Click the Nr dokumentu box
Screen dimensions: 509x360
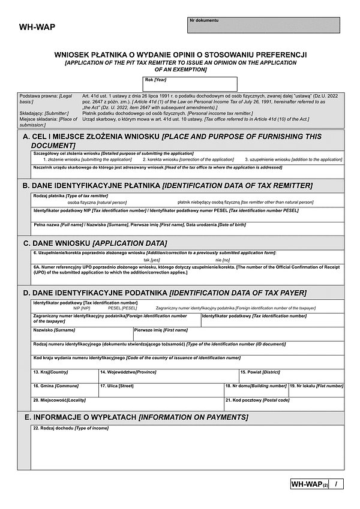[263, 25]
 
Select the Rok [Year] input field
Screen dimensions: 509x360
[191, 84]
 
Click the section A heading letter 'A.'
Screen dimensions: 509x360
[27, 137]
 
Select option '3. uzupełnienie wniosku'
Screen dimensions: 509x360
[293, 160]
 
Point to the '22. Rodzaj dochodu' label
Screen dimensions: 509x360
[71, 427]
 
